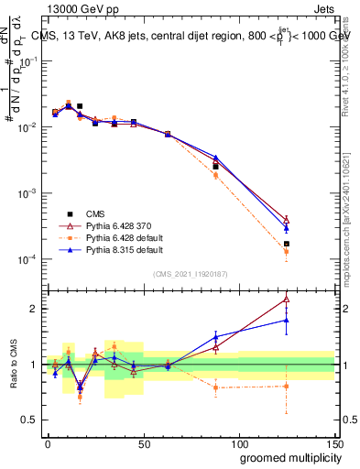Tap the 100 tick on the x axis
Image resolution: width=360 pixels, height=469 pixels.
238,441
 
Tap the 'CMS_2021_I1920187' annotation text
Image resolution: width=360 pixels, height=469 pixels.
190,273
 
